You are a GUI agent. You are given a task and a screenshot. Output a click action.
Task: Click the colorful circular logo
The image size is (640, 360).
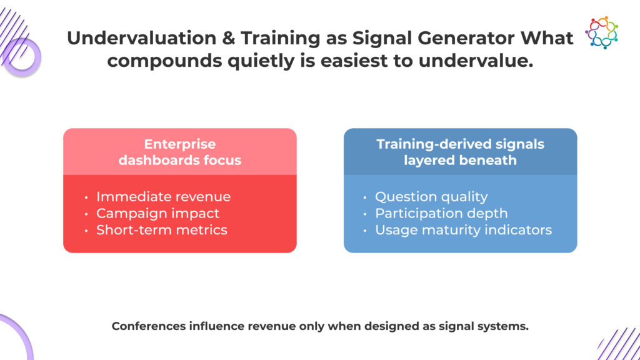click(602, 32)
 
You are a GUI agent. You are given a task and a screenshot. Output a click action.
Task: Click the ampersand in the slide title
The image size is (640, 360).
click(228, 38)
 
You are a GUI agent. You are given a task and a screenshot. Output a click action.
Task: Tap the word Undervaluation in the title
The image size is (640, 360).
click(142, 38)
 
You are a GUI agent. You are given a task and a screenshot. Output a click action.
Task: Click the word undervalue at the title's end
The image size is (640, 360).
click(476, 61)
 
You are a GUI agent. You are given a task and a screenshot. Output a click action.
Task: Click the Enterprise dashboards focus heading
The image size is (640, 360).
click(180, 152)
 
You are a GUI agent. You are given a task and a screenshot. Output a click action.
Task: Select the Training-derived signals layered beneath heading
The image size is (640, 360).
click(461, 152)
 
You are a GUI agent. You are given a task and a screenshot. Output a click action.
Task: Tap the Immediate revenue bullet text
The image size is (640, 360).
click(163, 197)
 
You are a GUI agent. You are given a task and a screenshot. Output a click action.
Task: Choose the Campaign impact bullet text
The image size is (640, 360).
click(157, 214)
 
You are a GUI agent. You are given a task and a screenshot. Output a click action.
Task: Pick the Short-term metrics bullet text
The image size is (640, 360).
click(162, 230)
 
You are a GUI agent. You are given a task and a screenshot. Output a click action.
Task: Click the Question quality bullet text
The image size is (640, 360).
click(431, 197)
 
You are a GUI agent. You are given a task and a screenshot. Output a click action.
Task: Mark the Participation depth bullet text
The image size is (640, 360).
click(441, 214)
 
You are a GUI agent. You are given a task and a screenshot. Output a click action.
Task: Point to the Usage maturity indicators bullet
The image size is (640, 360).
click(463, 230)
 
